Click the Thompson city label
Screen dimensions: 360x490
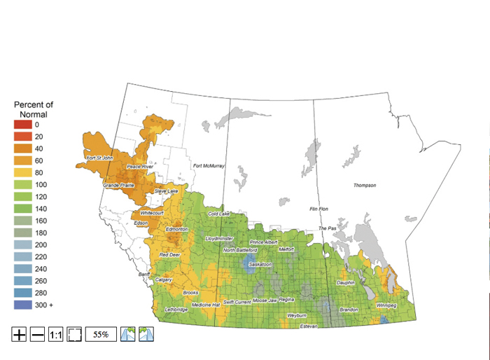(x=364, y=186)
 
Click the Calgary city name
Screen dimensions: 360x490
(x=163, y=279)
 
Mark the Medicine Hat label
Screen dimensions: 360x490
(x=206, y=305)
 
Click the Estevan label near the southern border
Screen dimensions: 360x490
(x=309, y=326)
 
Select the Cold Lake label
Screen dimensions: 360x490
(x=218, y=214)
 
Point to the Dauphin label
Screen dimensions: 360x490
(x=346, y=282)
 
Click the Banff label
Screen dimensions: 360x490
(x=144, y=274)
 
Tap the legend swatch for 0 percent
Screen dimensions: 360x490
(x=22, y=125)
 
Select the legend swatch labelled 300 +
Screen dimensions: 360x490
(x=22, y=305)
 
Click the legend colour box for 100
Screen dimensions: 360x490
(x=22, y=184)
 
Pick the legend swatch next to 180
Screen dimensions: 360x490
(x=22, y=233)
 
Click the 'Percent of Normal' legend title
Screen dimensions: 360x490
(x=34, y=109)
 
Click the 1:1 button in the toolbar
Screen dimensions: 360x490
(x=56, y=335)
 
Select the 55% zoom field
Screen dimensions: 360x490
(x=101, y=335)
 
